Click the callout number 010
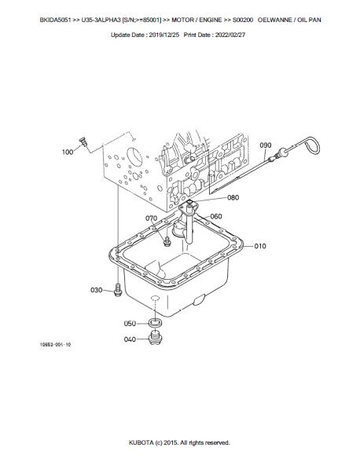point(260,246)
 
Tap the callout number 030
point(97,290)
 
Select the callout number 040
point(130,339)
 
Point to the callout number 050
point(130,324)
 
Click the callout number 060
point(216,217)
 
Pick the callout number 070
point(152,218)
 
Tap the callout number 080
point(233,197)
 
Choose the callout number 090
point(266,145)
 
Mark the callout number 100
point(68,152)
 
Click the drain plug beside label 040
point(155,338)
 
